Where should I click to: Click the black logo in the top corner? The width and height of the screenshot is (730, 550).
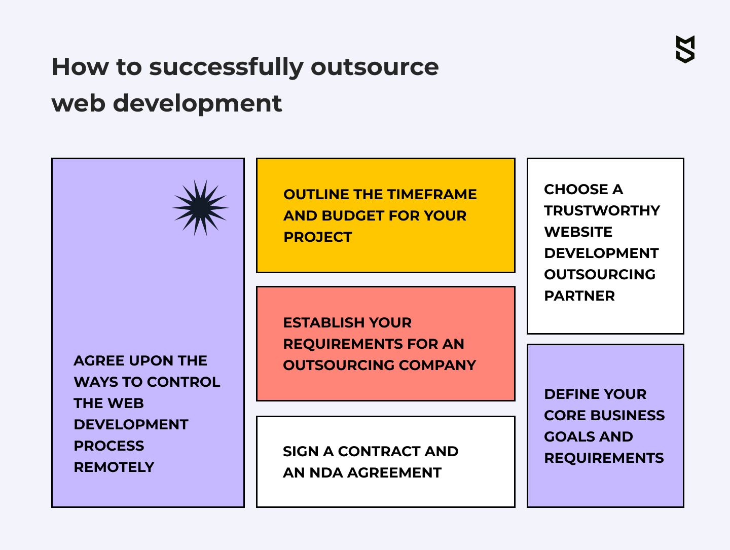685,49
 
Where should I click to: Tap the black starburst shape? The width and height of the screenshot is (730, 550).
200,208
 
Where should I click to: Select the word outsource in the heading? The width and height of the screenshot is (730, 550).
375,67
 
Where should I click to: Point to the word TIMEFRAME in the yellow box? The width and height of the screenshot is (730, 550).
431,195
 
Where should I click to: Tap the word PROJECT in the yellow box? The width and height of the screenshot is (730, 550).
318,237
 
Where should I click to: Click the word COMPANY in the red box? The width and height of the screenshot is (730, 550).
437,365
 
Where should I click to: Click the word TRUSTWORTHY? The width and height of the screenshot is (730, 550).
602,210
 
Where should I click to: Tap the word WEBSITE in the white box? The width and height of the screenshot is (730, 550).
578,232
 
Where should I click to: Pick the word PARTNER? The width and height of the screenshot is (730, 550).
579,296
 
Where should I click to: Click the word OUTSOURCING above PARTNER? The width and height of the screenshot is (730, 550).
600,274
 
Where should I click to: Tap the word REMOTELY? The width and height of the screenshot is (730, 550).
114,467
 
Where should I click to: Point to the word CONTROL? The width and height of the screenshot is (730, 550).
184,382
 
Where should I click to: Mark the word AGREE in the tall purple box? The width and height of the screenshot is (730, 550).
99,361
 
